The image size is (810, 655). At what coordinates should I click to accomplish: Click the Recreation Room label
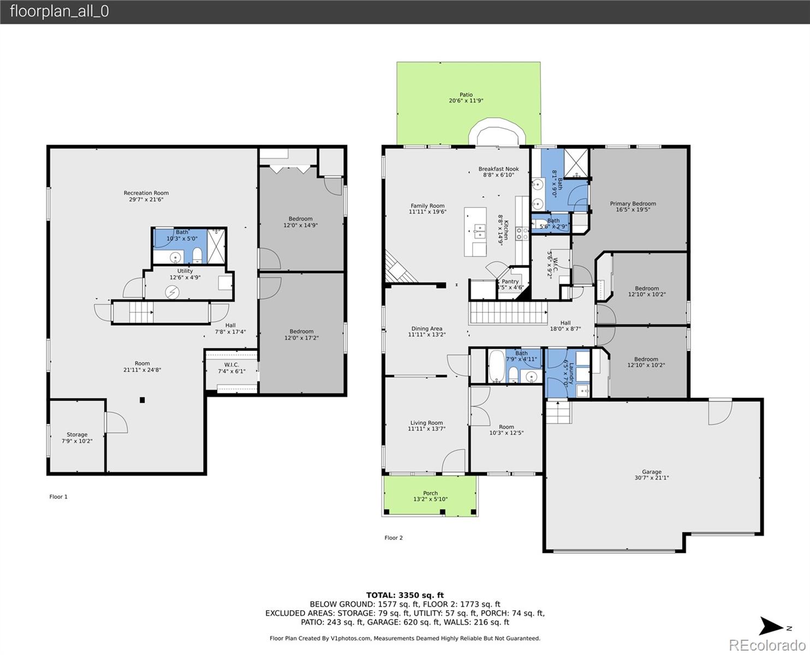click(x=146, y=193)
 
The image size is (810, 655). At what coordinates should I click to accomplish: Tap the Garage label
click(x=651, y=472)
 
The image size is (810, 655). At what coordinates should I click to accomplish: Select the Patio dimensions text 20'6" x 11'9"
click(x=466, y=101)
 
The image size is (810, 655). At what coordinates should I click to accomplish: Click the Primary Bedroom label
click(x=633, y=204)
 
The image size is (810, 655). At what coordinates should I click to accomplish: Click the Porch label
click(x=430, y=493)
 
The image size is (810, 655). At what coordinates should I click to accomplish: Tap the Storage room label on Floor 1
click(x=77, y=435)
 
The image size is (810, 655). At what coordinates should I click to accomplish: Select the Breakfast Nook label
click(x=498, y=169)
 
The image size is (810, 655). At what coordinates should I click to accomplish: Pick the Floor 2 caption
click(x=393, y=538)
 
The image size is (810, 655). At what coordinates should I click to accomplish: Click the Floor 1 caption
click(x=58, y=497)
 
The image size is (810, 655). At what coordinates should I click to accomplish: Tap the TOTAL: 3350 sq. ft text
click(x=404, y=595)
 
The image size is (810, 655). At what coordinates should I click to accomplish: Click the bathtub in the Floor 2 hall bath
click(x=497, y=366)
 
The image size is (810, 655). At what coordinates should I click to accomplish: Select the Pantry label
click(x=510, y=282)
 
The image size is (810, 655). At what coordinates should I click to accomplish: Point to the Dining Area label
click(x=426, y=329)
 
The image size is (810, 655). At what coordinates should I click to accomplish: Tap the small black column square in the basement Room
click(x=142, y=400)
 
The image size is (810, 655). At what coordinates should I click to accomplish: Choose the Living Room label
click(x=426, y=423)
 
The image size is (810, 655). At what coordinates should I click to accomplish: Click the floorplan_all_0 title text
click(x=59, y=11)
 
